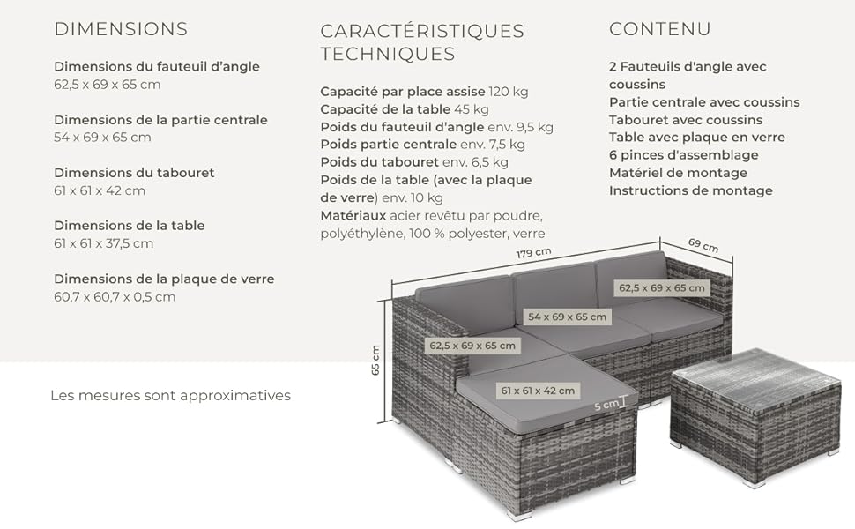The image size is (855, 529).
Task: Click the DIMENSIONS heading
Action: tap(121, 29)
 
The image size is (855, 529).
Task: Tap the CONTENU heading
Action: tap(660, 29)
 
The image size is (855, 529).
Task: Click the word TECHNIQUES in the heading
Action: tap(388, 54)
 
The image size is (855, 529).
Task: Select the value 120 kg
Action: tap(509, 92)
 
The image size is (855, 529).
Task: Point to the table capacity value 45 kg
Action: tap(471, 109)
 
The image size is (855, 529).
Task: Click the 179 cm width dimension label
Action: tap(534, 253)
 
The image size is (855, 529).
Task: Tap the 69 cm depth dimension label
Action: tap(703, 245)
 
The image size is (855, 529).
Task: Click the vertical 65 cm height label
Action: tap(375, 360)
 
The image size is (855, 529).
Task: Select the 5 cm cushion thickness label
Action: tap(606, 406)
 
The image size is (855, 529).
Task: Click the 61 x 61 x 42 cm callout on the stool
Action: tap(538, 391)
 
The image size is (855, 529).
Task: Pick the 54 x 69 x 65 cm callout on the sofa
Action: tap(567, 317)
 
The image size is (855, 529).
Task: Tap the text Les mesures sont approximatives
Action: tap(171, 395)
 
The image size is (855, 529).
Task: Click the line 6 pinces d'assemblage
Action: tap(684, 155)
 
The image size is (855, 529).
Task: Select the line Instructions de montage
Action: tap(691, 190)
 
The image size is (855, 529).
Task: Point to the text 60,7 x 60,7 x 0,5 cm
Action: tap(115, 297)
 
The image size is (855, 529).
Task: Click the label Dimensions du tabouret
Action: tap(134, 173)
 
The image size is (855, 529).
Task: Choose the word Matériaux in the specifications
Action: tap(353, 215)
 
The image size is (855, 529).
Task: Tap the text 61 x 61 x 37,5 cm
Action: tap(104, 243)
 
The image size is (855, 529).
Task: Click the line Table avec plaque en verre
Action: tap(697, 138)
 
